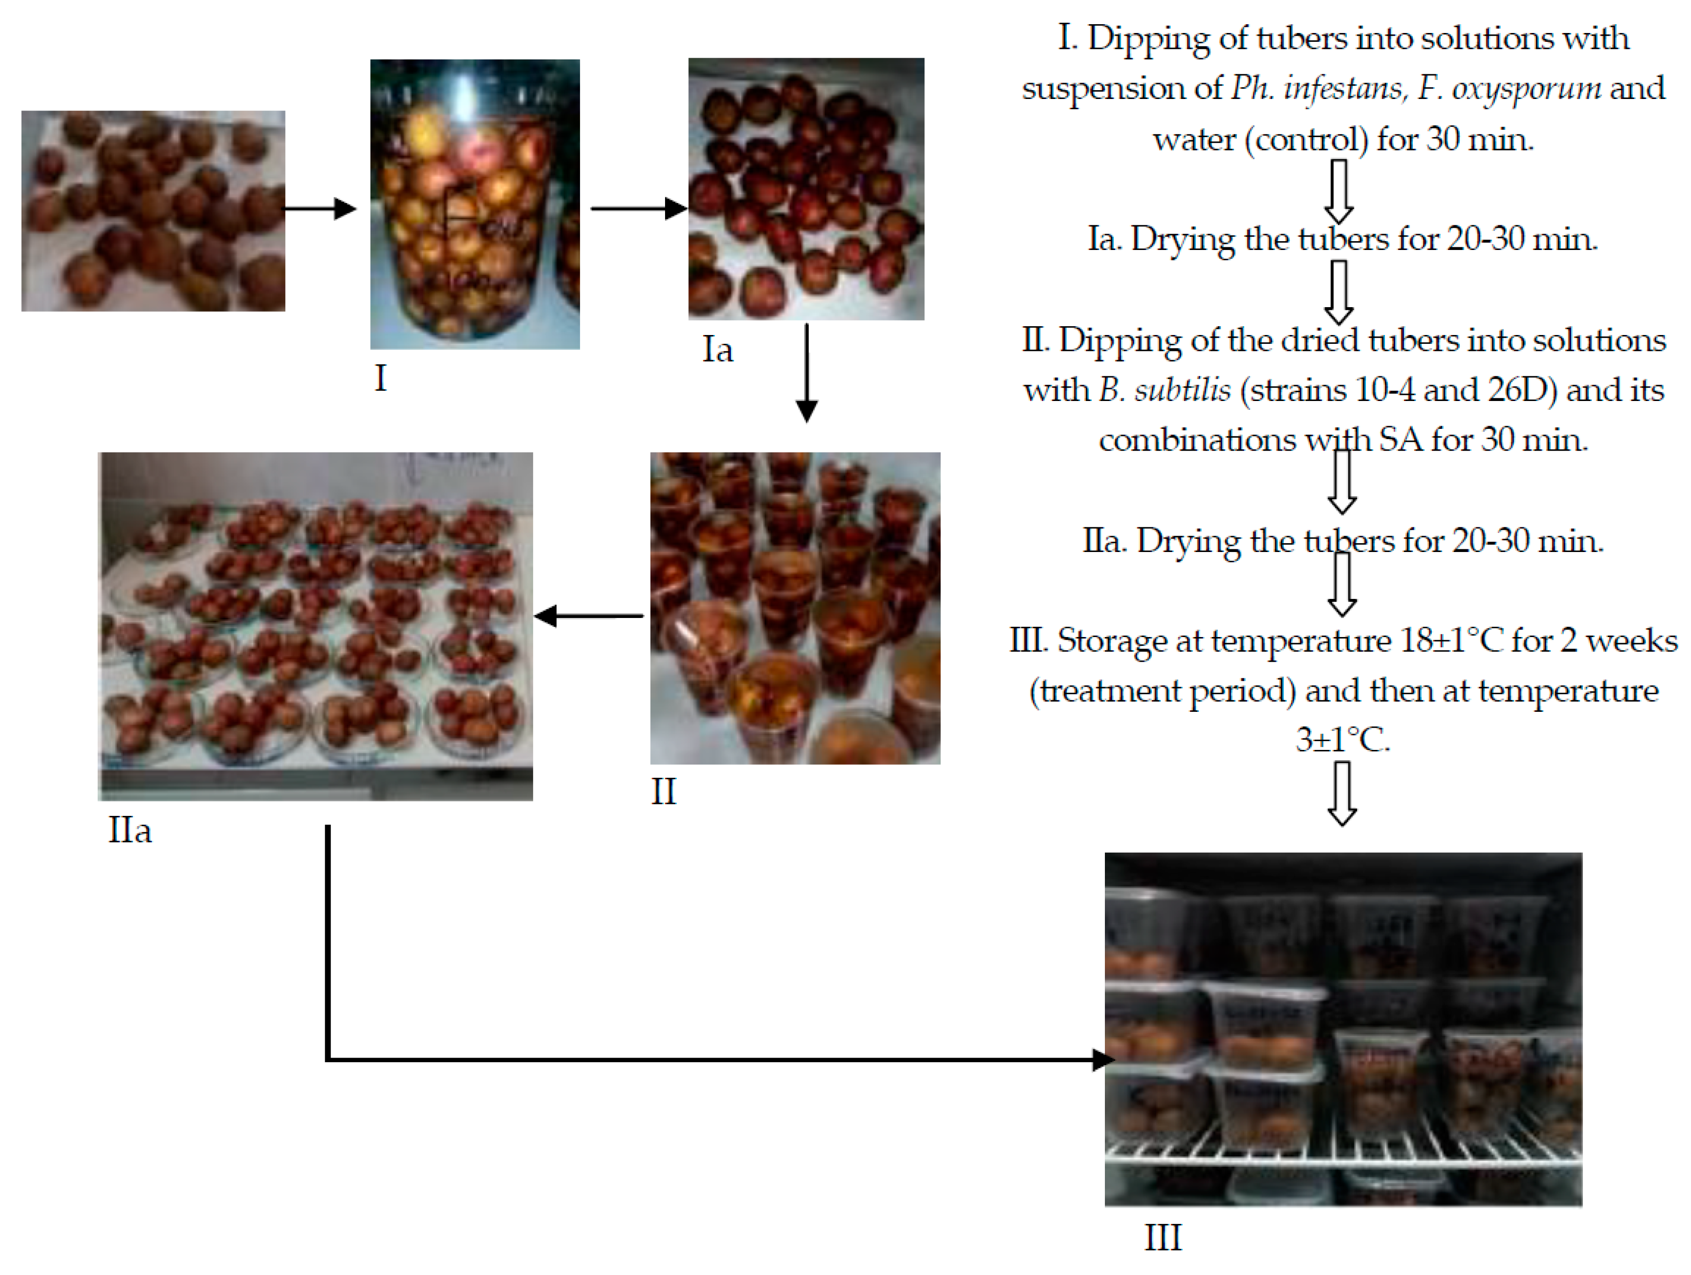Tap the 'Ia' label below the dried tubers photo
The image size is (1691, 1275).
(717, 350)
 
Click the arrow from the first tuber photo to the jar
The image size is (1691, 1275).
(321, 208)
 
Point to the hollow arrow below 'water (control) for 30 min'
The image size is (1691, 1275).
(1338, 191)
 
